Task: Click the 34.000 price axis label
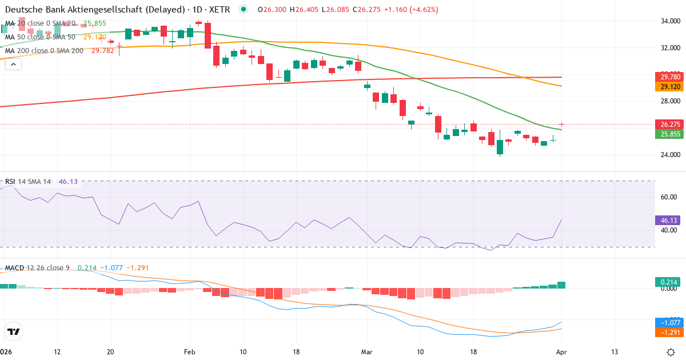[x=669, y=21]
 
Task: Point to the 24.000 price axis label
[x=669, y=154]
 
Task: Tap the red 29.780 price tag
[x=669, y=77]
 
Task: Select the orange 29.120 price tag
[x=669, y=87]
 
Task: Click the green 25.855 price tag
[x=669, y=134]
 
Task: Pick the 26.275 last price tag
[x=669, y=124]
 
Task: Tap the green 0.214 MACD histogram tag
[x=669, y=282]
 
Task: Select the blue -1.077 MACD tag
[x=669, y=322]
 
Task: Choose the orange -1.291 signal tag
[x=669, y=332]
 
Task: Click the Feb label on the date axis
[x=190, y=351]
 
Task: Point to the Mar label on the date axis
[x=366, y=351]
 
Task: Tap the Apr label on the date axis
[x=561, y=351]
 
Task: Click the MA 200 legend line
[x=45, y=50]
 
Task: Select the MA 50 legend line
[x=40, y=37]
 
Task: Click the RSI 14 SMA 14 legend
[x=29, y=182]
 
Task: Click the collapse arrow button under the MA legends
[x=13, y=65]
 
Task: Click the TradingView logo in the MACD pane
[x=13, y=331]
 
